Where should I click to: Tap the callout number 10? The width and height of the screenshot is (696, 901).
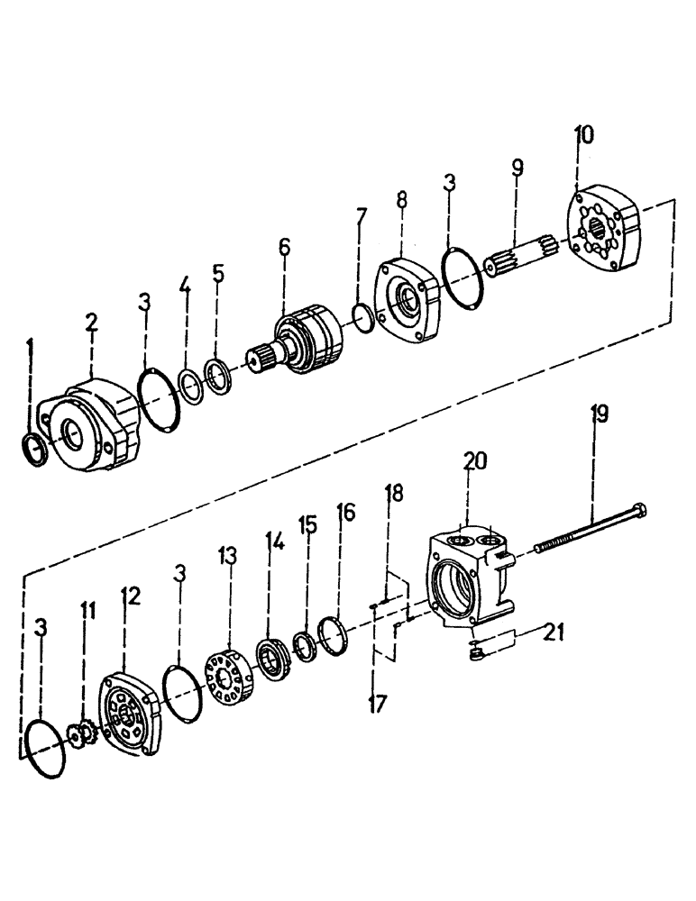click(x=583, y=136)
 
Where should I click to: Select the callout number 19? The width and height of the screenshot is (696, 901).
click(x=600, y=414)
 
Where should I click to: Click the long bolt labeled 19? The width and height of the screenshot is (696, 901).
click(x=587, y=529)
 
